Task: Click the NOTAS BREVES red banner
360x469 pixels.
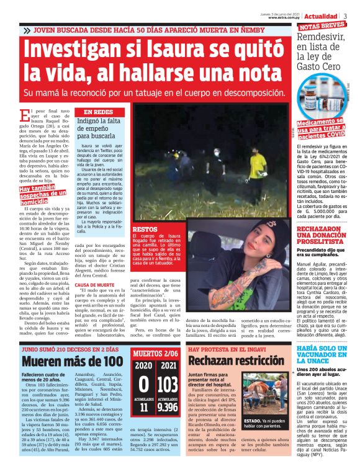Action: click(322, 26)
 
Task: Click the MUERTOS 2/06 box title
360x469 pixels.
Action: click(156, 354)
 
